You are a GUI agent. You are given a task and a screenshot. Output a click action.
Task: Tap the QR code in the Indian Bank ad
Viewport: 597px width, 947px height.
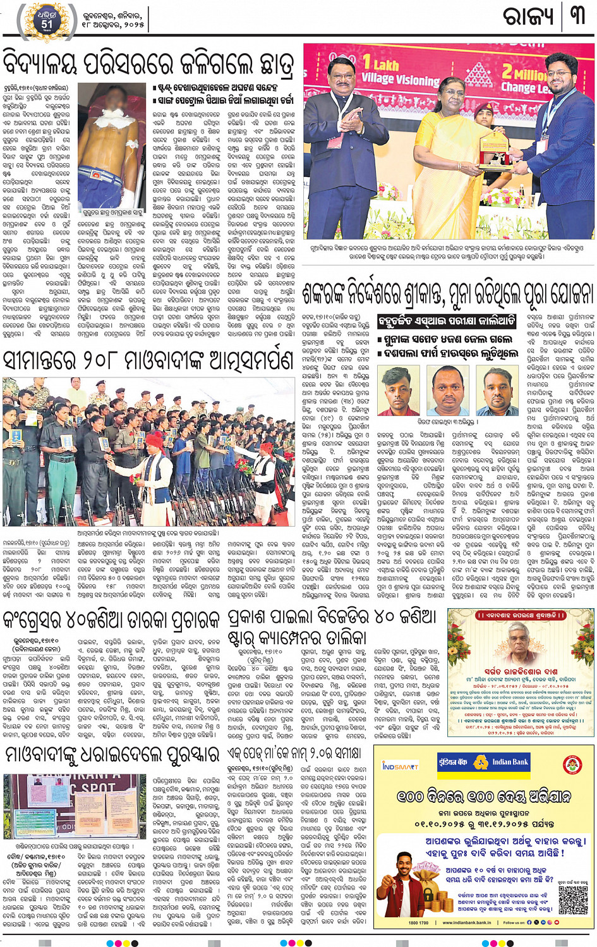click(573, 898)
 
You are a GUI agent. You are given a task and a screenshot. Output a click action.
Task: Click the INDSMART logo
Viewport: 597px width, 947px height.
click(401, 766)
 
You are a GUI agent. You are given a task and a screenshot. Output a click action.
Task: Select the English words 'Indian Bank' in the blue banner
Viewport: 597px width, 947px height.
click(510, 762)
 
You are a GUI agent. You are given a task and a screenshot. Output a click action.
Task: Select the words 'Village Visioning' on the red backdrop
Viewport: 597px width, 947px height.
click(400, 79)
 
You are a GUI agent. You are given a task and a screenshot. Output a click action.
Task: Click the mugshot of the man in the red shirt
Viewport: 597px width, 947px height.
click(497, 389)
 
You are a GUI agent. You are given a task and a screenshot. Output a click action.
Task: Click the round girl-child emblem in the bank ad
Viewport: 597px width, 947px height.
click(572, 766)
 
